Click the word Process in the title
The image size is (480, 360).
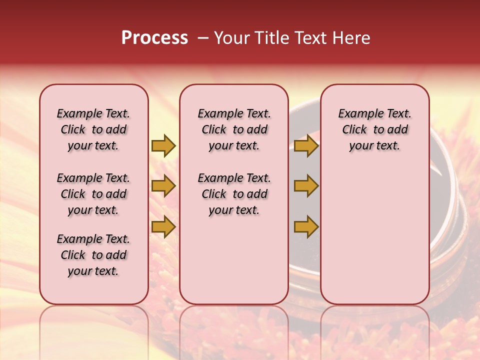154,38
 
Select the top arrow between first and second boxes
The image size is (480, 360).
163,145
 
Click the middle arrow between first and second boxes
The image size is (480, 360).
163,186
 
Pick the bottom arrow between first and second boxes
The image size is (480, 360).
163,227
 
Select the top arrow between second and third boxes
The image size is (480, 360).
306,145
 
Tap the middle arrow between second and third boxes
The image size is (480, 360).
306,186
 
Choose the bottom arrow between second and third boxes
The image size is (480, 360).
306,227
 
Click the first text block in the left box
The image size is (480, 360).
93,129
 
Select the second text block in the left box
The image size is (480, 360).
93,194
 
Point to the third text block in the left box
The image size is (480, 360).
93,255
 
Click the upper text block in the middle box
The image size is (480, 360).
234,129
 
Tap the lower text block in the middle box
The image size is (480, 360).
234,194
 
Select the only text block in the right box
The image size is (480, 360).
374,129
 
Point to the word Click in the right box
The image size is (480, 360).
354,130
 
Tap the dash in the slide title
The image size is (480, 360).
203,38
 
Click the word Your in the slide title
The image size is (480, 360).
230,38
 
